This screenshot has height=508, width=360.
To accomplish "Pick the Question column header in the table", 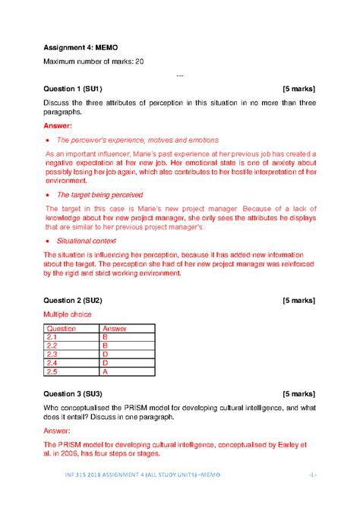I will (62, 328).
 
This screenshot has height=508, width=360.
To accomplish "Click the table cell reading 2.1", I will (52, 336).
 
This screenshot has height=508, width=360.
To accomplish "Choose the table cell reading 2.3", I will (52, 354).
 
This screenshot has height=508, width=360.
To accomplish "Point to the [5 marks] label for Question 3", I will (298, 395).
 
